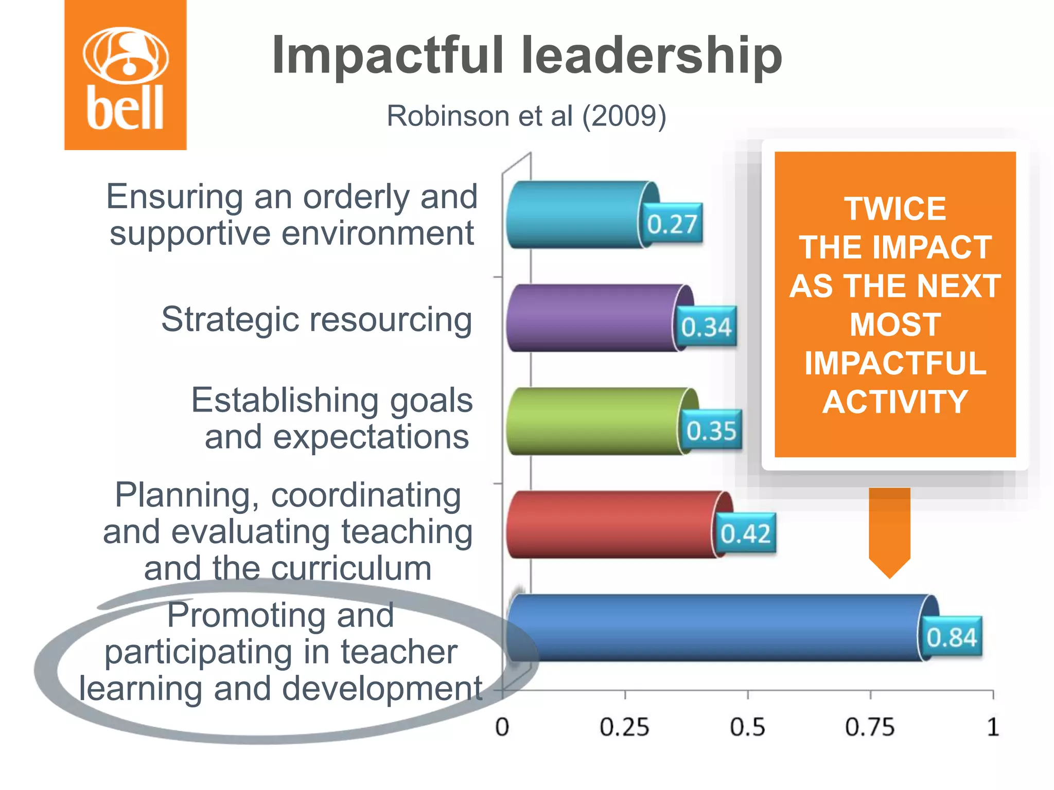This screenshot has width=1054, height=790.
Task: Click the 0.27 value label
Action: click(672, 224)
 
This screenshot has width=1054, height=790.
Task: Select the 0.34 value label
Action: click(706, 327)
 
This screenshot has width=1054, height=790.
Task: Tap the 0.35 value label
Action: click(711, 430)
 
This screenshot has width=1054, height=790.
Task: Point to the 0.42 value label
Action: click(745, 533)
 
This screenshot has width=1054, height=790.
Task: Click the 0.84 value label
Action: click(952, 637)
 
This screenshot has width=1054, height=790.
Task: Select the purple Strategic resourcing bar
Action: click(592, 318)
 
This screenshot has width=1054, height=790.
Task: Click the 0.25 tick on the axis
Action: click(624, 727)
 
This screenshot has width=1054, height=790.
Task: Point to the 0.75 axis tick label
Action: click(870, 727)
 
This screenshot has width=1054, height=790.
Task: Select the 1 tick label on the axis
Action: click(993, 727)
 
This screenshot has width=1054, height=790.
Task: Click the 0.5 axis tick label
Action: click(747, 727)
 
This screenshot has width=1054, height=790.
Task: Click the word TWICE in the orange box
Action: click(895, 209)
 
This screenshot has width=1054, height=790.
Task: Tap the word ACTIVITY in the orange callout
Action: click(895, 402)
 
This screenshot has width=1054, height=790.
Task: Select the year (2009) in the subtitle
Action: click(624, 116)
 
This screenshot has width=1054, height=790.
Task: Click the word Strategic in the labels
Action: click(228, 319)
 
